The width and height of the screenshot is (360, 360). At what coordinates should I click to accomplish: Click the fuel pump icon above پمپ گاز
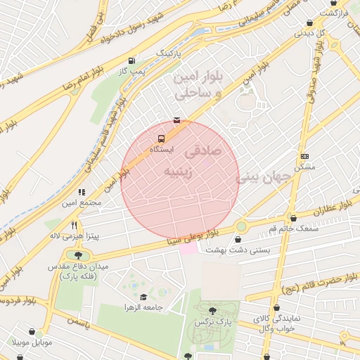coord(133,60)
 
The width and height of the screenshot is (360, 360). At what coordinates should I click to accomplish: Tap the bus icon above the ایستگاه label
coord(162,139)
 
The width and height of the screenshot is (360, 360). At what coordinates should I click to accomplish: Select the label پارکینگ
coord(169,53)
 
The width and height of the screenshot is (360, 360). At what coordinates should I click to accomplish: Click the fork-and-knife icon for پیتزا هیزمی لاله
coord(74,224)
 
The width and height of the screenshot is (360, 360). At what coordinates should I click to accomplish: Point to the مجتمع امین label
coord(81,203)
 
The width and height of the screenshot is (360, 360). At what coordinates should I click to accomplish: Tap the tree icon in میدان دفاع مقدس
coord(77,255)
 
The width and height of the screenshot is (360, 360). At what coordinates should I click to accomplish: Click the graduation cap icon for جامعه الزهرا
coord(144,297)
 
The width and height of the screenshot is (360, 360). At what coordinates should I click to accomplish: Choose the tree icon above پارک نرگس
coord(212,309)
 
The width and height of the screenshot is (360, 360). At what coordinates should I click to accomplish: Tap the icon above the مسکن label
coord(304,156)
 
